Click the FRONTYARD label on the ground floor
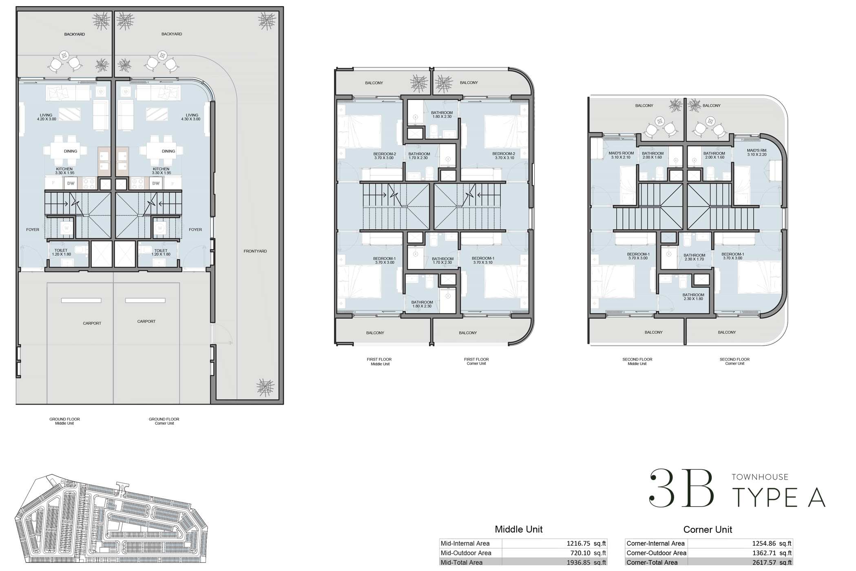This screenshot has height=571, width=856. coord(255,251)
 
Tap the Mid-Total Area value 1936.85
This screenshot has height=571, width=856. coord(579,562)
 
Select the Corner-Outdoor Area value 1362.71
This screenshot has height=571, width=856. coord(765,553)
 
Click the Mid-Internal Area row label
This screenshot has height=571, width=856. coord(465,543)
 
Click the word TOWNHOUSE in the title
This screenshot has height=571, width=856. coord(760,477)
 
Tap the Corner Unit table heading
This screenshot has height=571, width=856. coord(707,529)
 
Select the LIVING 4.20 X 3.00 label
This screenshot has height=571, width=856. coord(46,117)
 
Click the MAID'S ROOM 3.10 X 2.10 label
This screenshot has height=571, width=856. coord(621,155)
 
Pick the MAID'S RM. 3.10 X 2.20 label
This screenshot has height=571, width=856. coord(756,153)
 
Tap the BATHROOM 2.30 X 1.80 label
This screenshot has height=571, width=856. coord(693,297)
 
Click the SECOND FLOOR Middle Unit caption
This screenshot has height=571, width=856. coord(637,361)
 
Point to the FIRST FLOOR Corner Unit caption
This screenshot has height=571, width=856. coord(476,361)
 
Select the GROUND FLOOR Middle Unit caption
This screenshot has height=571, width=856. coord(64,421)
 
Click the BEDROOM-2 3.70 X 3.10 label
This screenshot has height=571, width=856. coord(504,155)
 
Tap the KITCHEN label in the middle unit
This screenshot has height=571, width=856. coord(64,170)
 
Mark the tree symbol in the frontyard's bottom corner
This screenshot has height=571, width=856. coord(265,387)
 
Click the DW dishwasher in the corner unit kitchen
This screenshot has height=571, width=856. coord(156,183)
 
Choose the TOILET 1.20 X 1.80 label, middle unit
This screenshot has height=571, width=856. coord(61,252)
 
